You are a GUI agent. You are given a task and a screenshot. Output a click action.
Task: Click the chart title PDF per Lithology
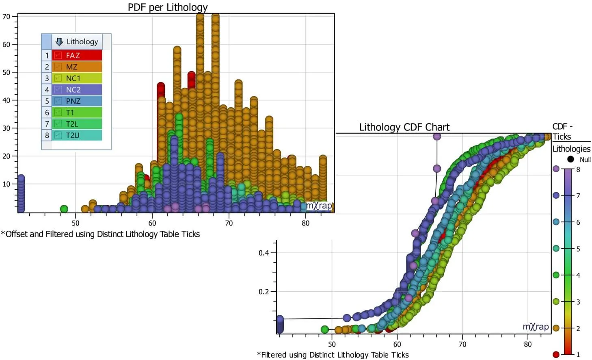click(x=167, y=7)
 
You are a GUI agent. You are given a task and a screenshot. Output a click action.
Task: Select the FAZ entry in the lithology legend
click(x=76, y=55)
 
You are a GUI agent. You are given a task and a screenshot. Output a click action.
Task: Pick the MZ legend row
click(x=76, y=67)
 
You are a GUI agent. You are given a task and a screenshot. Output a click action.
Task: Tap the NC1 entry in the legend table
click(x=76, y=78)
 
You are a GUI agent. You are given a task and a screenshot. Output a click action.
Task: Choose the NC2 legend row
click(x=76, y=89)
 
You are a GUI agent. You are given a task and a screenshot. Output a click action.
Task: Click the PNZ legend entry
click(x=76, y=101)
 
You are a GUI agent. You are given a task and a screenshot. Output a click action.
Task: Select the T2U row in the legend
click(x=76, y=135)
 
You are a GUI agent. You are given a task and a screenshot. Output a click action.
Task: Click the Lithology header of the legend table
click(x=82, y=41)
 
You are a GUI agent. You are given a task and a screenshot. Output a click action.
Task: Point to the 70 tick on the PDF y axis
click(x=6, y=17)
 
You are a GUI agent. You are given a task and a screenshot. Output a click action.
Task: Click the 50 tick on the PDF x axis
click(x=76, y=223)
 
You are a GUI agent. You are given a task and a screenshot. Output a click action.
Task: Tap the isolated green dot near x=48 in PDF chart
click(x=64, y=209)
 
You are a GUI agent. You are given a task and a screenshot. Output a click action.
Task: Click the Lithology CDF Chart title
click(x=404, y=127)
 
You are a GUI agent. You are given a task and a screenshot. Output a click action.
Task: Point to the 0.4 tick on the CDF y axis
click(x=264, y=253)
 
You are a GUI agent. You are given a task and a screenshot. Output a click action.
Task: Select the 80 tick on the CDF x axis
click(x=527, y=344)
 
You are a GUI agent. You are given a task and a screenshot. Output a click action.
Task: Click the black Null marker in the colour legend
click(x=570, y=159)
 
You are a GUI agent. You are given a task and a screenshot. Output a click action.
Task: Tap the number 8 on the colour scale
click(x=578, y=169)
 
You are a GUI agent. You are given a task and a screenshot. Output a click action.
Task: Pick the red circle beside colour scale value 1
click(x=556, y=354)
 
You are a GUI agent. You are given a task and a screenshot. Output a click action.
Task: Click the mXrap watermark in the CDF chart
click(x=536, y=327)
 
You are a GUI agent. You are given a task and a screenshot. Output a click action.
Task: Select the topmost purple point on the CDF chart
click(x=437, y=136)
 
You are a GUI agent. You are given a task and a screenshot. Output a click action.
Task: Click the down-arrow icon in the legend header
click(x=59, y=41)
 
